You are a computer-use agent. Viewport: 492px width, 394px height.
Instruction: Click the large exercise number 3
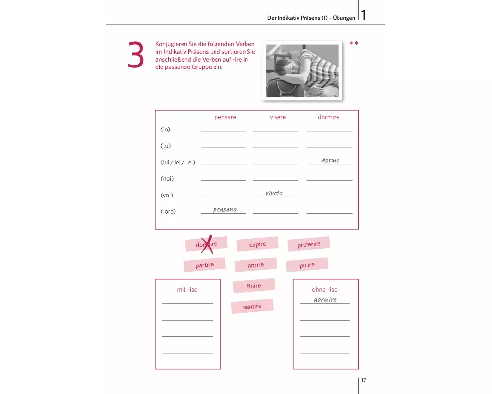(x=136, y=55)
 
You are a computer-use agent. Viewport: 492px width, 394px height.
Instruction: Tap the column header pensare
(x=225, y=117)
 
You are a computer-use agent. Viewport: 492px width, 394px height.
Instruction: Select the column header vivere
(x=277, y=117)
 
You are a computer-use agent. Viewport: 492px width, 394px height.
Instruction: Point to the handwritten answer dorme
(x=330, y=160)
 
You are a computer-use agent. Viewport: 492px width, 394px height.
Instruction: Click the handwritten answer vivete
(x=274, y=193)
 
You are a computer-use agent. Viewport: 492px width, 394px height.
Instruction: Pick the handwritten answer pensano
(x=225, y=209)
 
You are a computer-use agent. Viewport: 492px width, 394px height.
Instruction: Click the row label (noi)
(x=167, y=179)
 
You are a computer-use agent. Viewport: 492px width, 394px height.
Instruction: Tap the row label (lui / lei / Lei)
(x=178, y=163)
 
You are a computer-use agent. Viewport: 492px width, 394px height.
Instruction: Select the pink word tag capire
(x=257, y=244)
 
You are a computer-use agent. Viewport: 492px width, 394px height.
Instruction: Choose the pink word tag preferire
(x=309, y=244)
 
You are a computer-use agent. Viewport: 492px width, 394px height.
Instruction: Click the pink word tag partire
(x=204, y=265)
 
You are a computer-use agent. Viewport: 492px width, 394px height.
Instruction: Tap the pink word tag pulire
(x=307, y=265)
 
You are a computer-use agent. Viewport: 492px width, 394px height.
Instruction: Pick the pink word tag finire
(x=254, y=286)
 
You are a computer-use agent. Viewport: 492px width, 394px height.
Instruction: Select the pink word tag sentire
(x=252, y=306)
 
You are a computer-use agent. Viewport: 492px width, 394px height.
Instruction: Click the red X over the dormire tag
(x=207, y=244)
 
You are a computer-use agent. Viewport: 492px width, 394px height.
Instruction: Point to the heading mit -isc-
(x=188, y=290)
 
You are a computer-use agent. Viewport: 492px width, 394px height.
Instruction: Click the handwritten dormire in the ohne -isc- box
(x=325, y=300)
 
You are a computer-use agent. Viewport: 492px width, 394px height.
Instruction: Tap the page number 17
(x=364, y=380)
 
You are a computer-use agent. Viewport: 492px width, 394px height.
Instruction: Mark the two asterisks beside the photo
(x=354, y=43)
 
